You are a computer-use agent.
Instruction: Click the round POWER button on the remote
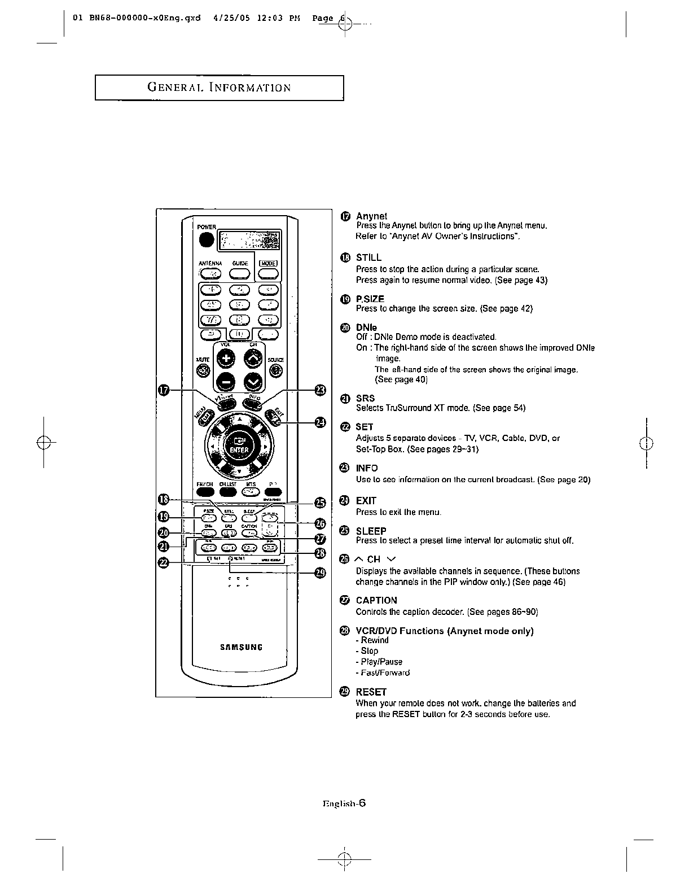pyautogui.click(x=207, y=240)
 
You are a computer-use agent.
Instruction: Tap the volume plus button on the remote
pyautogui.click(x=226, y=359)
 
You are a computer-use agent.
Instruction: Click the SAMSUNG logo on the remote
pyautogui.click(x=241, y=647)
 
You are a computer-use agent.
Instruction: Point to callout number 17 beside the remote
pyautogui.click(x=164, y=389)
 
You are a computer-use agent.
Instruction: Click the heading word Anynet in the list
pyautogui.click(x=371, y=216)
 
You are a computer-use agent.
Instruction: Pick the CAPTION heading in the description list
pyautogui.click(x=376, y=600)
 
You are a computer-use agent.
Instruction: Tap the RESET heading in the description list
pyautogui.click(x=371, y=692)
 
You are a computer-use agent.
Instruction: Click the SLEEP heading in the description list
pyautogui.click(x=371, y=531)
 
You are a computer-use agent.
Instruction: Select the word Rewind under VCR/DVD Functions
pyautogui.click(x=375, y=640)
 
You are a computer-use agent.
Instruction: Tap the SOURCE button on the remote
pyautogui.click(x=276, y=370)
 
